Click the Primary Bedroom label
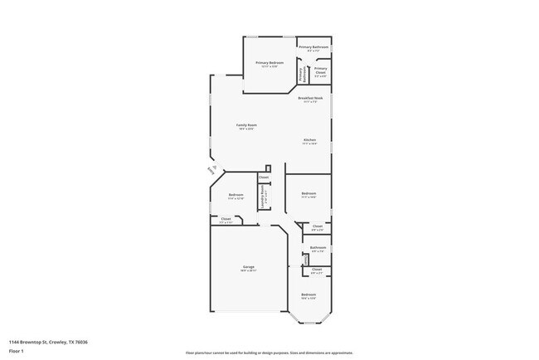tap(269, 63)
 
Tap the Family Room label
tap(245, 125)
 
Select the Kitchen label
tap(309, 140)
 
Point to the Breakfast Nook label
tap(310, 98)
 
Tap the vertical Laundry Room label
tap(263, 200)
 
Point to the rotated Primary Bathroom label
tap(303, 72)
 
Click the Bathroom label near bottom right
tap(318, 247)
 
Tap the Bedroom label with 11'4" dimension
tap(236, 195)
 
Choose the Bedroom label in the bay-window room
tap(308, 294)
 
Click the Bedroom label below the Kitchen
tap(308, 195)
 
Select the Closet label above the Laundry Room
tap(264, 178)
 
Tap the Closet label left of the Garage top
tap(226, 219)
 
